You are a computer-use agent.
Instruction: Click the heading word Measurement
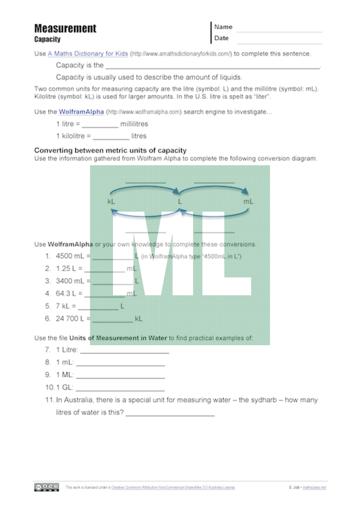[65, 29]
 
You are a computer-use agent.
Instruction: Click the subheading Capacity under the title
[47, 39]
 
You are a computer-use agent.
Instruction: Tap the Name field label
[223, 27]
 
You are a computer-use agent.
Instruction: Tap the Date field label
[221, 38]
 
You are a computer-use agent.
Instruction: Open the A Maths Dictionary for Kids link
[88, 54]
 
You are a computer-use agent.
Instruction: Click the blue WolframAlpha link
[81, 112]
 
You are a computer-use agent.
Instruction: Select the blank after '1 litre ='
[100, 127]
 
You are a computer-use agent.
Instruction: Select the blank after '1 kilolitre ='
[111, 139]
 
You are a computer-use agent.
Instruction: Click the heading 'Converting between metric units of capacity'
[110, 150]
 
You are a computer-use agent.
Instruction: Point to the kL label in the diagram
[111, 202]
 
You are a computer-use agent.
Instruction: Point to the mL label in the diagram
[248, 202]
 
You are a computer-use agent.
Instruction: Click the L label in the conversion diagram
[180, 202]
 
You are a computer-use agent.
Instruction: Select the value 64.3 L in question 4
[67, 293]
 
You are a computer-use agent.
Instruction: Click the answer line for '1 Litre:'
[125, 352]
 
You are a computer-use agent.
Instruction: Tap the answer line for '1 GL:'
[120, 390]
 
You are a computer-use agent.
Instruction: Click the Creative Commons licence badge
[46, 487]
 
